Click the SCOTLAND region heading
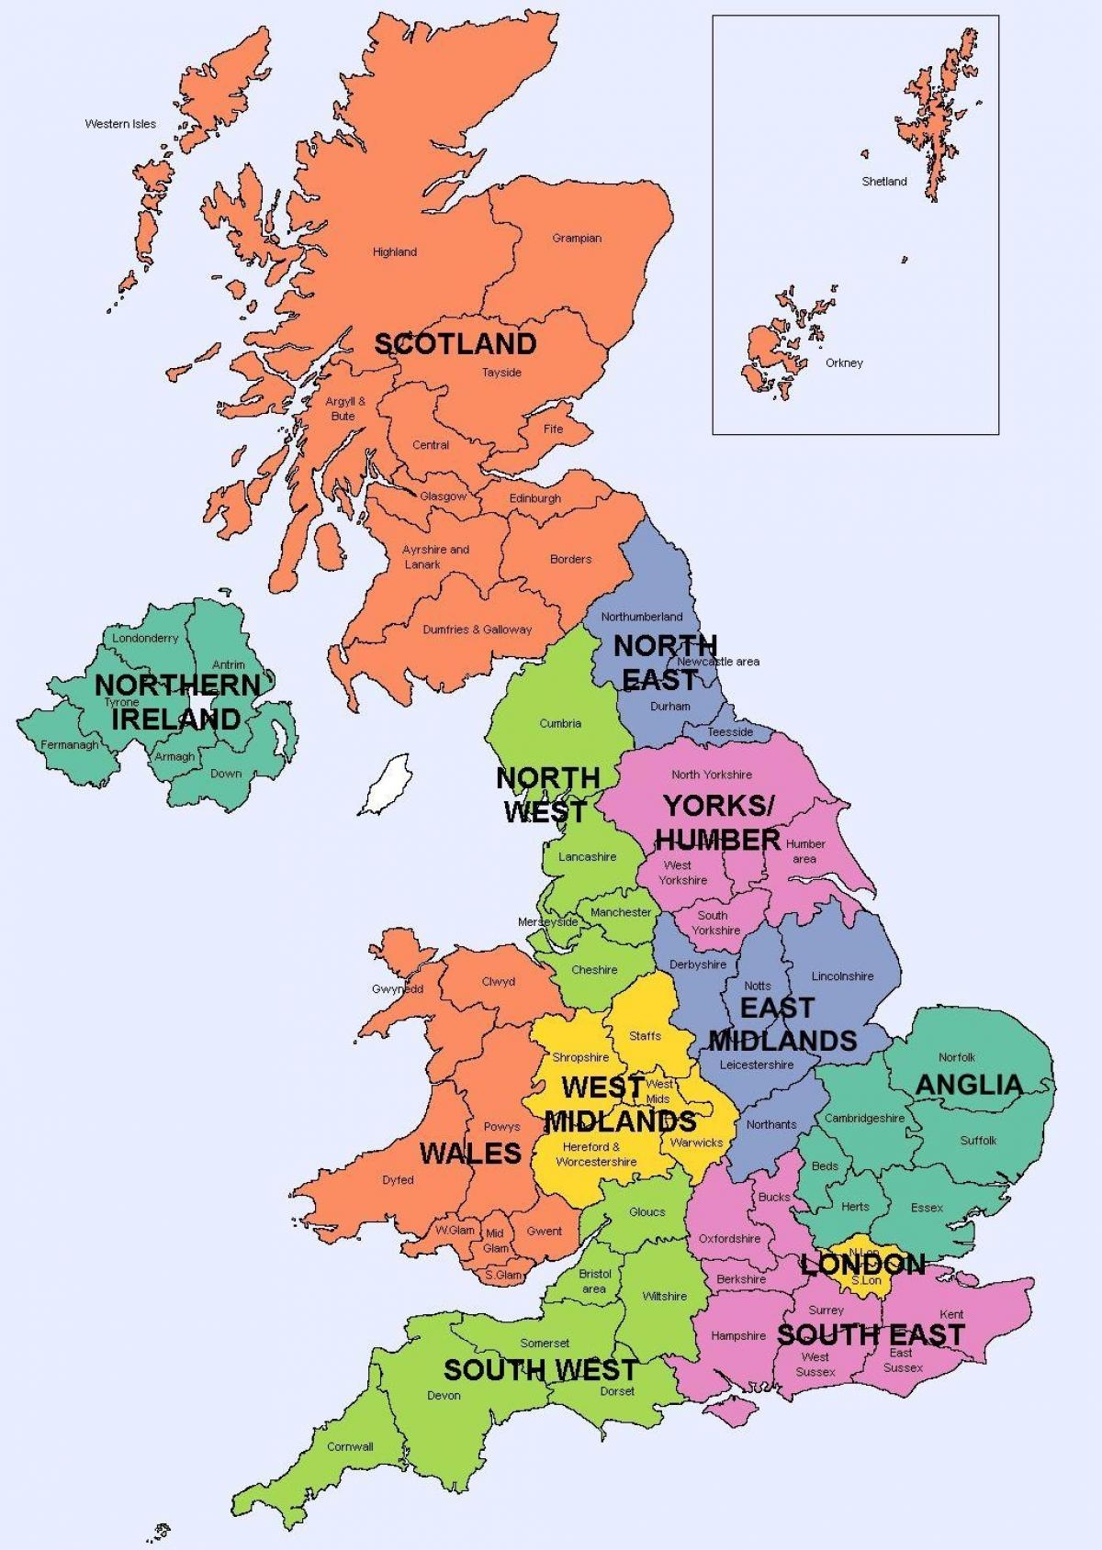click(x=455, y=344)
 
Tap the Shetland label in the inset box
click(x=883, y=182)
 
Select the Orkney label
click(x=844, y=363)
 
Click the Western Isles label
click(x=120, y=124)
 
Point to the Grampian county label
click(x=577, y=239)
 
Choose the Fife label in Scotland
click(x=553, y=429)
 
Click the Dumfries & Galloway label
click(x=477, y=630)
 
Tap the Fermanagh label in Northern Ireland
click(x=69, y=745)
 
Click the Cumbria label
click(x=560, y=723)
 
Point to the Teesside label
click(x=730, y=732)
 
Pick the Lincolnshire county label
click(x=842, y=976)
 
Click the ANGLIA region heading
click(x=969, y=1085)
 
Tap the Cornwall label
click(x=350, y=1447)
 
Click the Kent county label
click(x=951, y=1314)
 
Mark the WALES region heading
click(x=470, y=1154)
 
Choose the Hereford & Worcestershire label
click(x=596, y=1154)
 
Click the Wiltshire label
click(x=664, y=1297)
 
